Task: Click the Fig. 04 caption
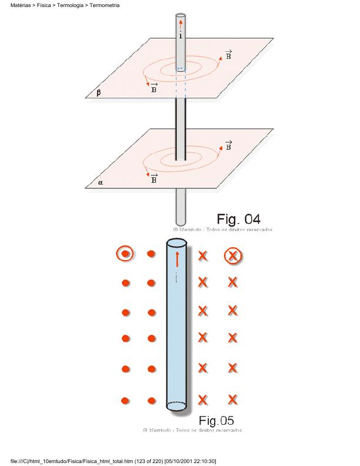238,219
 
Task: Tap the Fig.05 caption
216,421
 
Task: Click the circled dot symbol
125,255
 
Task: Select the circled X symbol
233,256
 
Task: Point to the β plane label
98,92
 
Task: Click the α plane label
101,183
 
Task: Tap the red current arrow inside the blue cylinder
176,258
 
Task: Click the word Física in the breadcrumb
44,5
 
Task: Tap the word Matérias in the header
21,5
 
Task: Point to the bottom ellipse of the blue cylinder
176,405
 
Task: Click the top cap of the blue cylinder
176,243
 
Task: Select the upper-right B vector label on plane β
228,55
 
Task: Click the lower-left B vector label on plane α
154,178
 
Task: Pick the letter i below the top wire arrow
181,36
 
